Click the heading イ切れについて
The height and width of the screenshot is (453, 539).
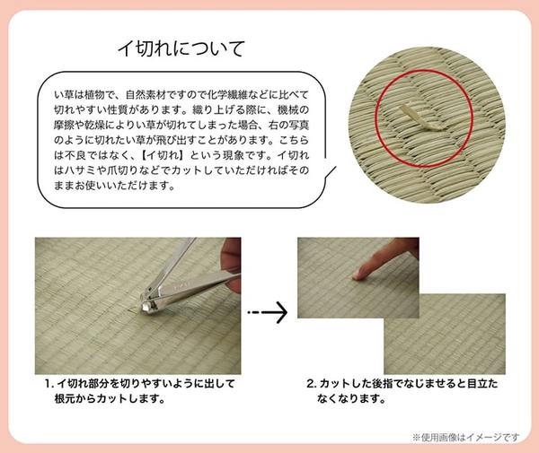tap(181, 48)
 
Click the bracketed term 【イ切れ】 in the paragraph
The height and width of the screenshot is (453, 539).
tap(146, 154)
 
